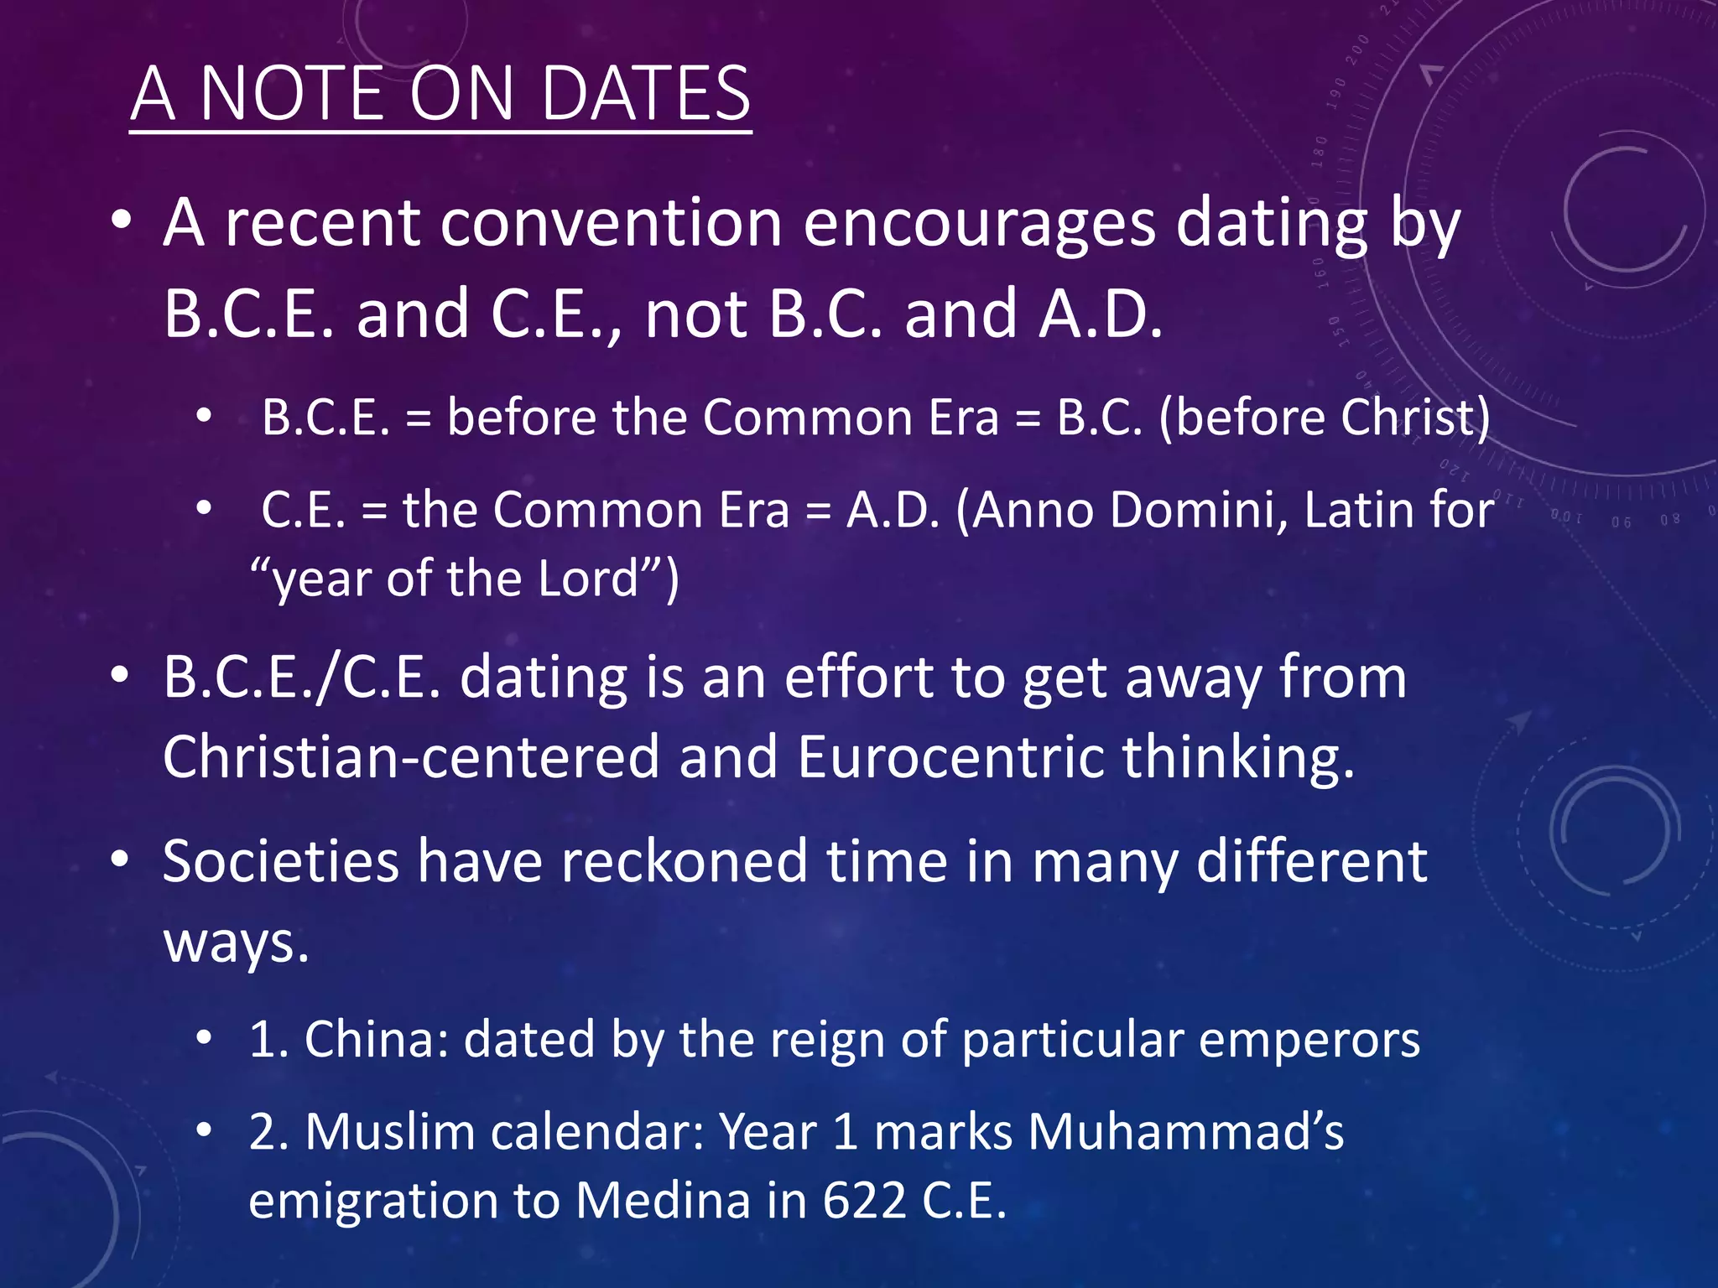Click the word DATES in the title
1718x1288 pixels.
[645, 93]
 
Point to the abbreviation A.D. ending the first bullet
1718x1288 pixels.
[1100, 314]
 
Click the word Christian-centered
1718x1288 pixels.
[411, 756]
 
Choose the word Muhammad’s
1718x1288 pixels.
[1185, 1132]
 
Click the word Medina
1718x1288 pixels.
[663, 1201]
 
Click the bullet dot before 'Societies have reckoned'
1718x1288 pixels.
[121, 860]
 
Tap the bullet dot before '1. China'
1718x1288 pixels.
[204, 1039]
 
